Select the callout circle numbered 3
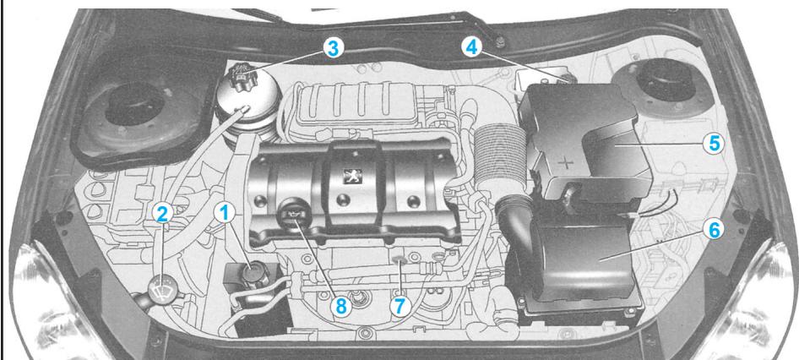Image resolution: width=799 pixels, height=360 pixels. (334, 48)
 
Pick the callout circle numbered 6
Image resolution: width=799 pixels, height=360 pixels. (715, 228)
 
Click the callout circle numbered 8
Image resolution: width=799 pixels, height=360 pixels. (341, 306)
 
